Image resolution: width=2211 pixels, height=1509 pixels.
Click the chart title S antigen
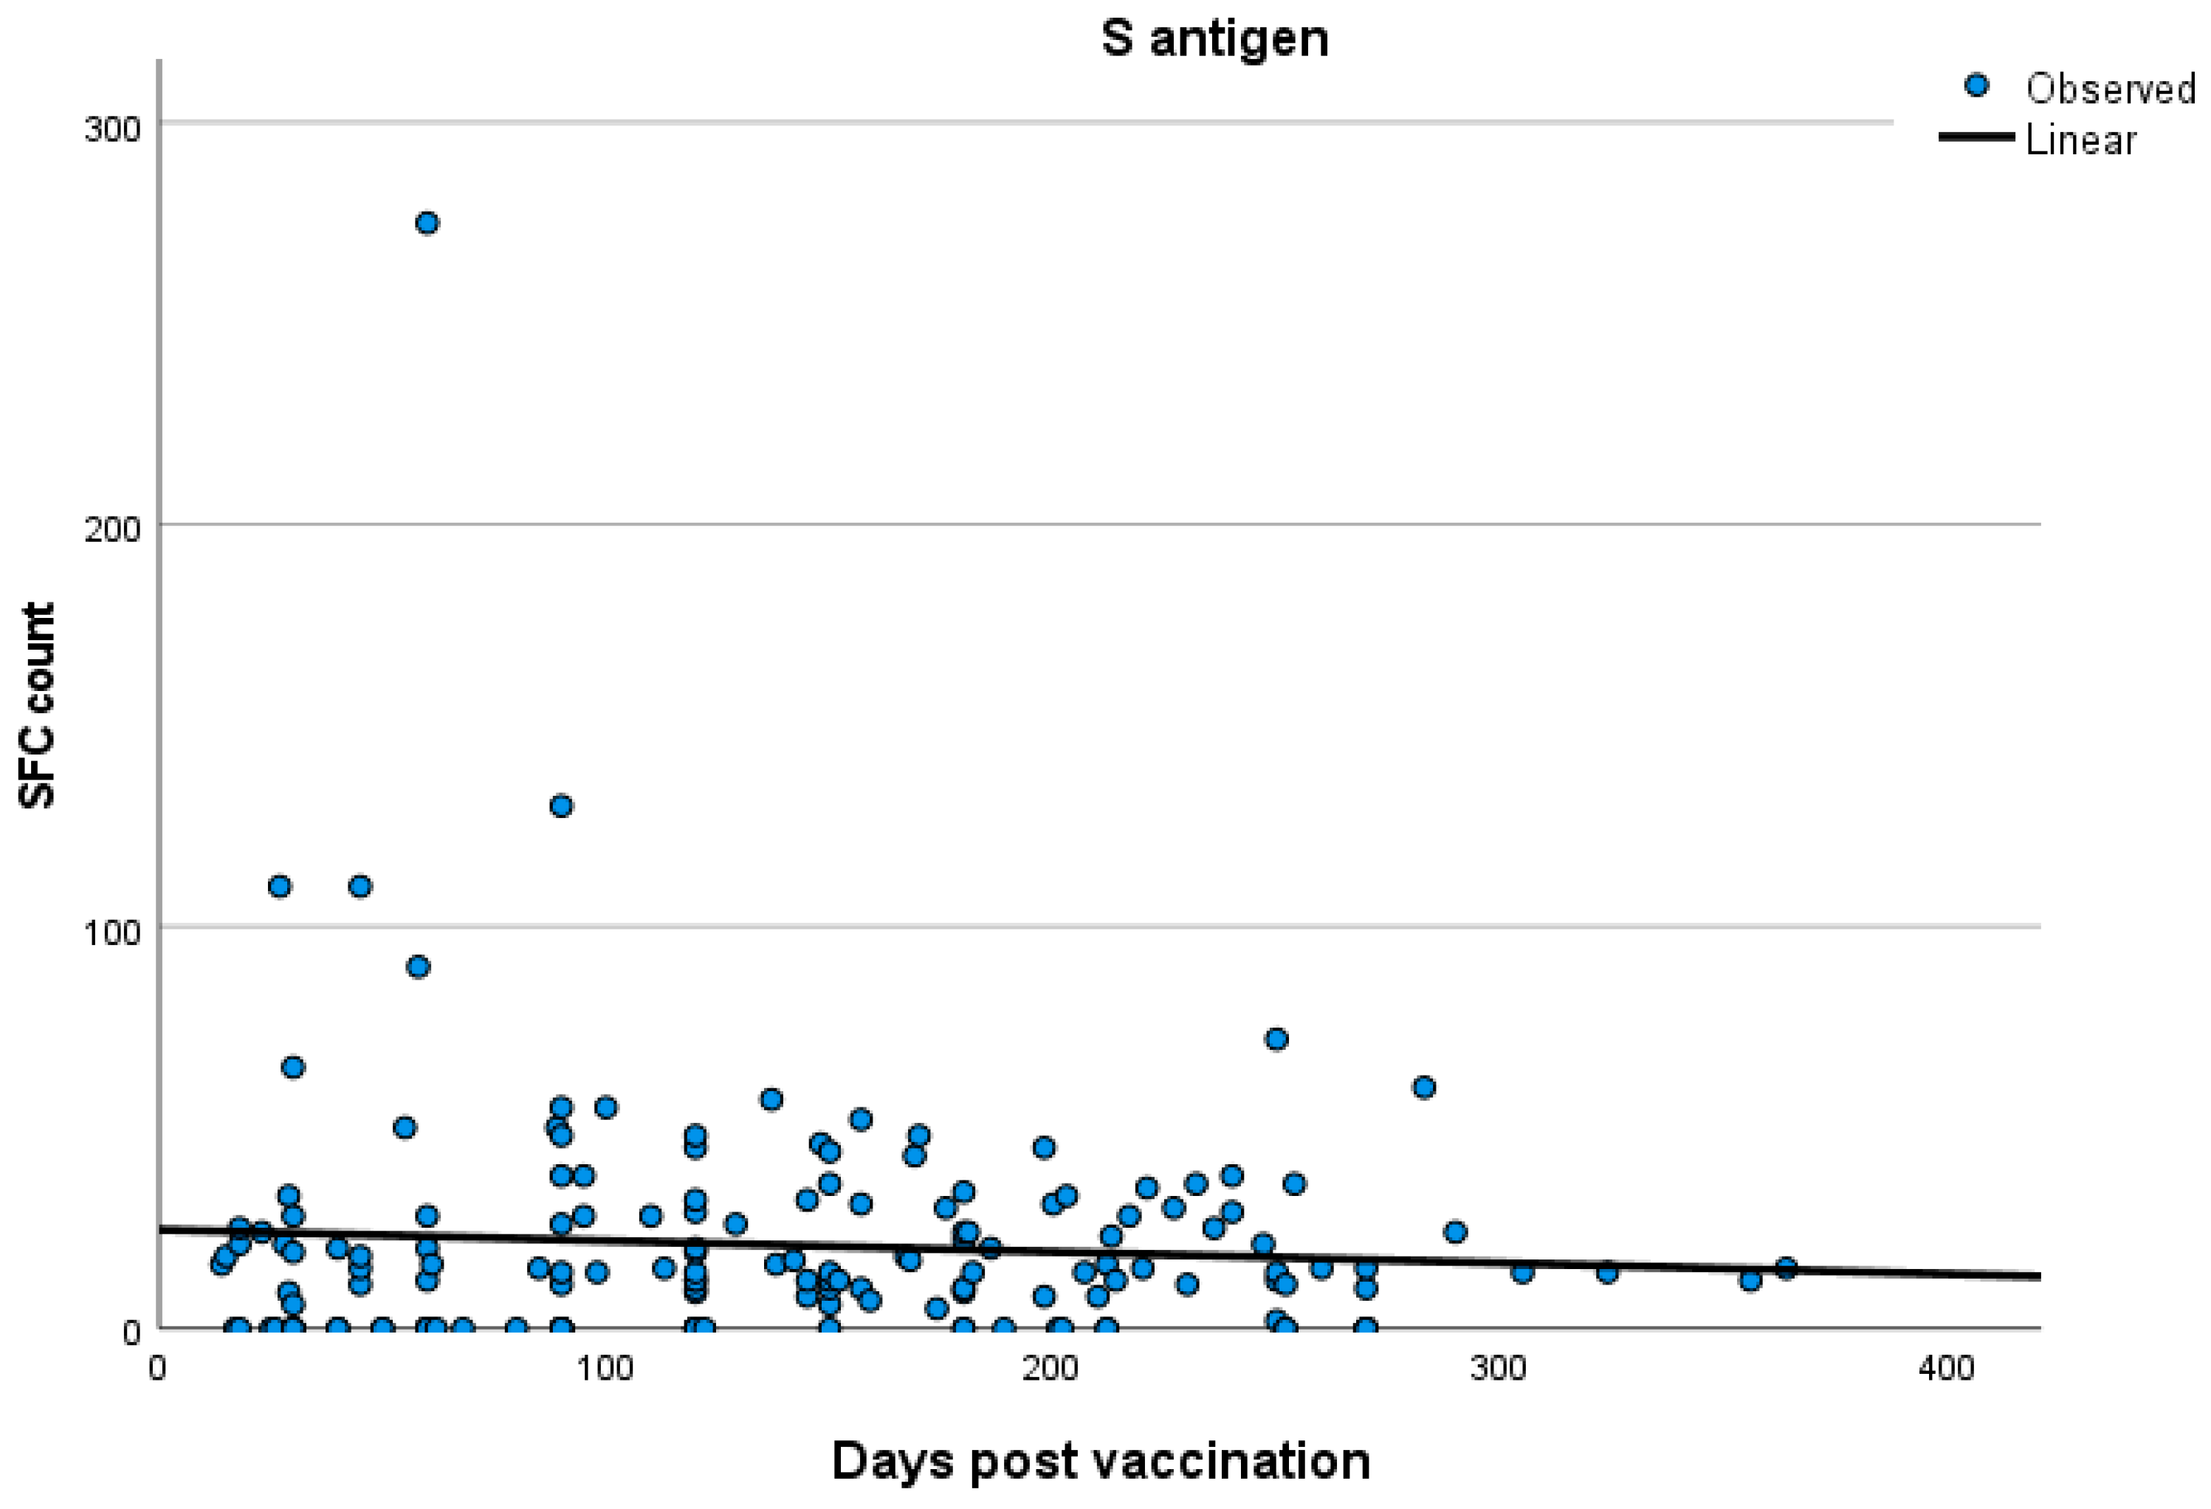click(1215, 39)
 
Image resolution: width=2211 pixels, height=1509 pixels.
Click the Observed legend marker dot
click(1977, 86)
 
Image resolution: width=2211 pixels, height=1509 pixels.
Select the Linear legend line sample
click(1976, 137)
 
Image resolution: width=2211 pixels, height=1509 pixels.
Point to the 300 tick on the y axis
click(112, 128)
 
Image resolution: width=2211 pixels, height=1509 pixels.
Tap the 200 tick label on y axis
click(112, 529)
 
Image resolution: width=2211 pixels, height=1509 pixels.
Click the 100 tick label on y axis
click(112, 932)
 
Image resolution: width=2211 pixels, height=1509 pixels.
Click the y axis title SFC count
click(38, 706)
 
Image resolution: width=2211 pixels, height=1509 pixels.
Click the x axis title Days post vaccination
click(1101, 1460)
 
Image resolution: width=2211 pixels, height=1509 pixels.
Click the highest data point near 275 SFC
click(427, 223)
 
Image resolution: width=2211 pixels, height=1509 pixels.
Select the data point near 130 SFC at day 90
click(561, 806)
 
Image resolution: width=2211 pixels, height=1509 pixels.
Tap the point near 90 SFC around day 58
click(418, 966)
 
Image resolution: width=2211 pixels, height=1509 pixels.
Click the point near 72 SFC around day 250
click(1276, 1039)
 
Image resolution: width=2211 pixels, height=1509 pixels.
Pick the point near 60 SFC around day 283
click(1423, 1087)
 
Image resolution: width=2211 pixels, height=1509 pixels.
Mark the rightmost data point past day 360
click(1786, 1268)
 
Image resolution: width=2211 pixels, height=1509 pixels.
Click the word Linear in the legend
click(2080, 140)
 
